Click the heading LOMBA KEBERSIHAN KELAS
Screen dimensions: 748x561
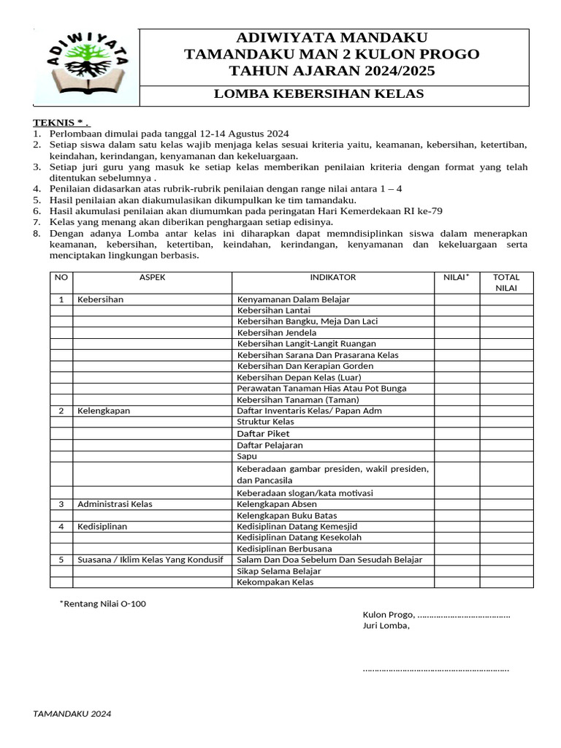318,94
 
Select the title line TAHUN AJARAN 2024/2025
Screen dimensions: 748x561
332,71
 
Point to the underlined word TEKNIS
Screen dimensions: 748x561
58,122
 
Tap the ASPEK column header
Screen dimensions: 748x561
152,278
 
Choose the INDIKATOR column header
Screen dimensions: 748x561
332,278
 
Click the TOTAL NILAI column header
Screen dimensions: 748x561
505,283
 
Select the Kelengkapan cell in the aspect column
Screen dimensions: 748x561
104,411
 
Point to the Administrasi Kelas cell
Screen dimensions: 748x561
115,504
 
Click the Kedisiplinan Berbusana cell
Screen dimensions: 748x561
284,549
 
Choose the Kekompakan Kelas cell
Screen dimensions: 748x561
275,582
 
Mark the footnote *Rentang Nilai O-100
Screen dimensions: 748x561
102,604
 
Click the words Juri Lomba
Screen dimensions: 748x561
386,625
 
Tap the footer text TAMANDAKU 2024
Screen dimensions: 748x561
72,714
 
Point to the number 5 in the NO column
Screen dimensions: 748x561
61,560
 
